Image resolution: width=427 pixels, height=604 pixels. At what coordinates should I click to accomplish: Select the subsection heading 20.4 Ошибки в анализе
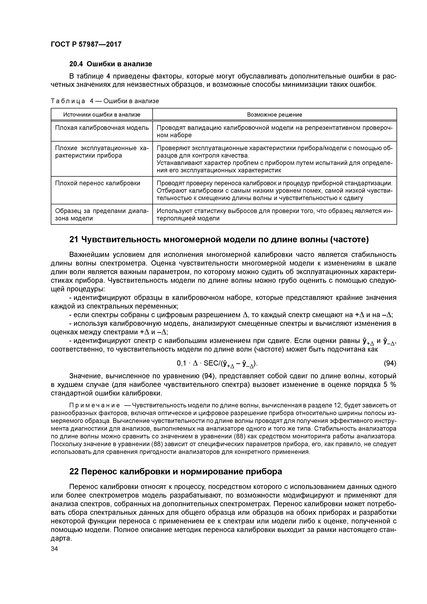click(111, 64)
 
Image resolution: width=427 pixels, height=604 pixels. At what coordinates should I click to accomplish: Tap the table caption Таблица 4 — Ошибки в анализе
click(105, 101)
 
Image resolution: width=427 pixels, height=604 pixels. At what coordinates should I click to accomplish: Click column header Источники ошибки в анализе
click(102, 114)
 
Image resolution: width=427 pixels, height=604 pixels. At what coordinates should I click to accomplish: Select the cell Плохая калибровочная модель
click(102, 128)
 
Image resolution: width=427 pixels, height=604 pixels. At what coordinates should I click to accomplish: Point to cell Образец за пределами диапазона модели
click(102, 214)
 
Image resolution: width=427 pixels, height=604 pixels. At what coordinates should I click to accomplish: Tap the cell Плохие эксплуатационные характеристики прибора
click(102, 152)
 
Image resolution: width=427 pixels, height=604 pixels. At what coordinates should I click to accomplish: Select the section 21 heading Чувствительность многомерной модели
click(219, 240)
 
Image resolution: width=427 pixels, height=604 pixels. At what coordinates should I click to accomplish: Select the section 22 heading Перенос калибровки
click(175, 472)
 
